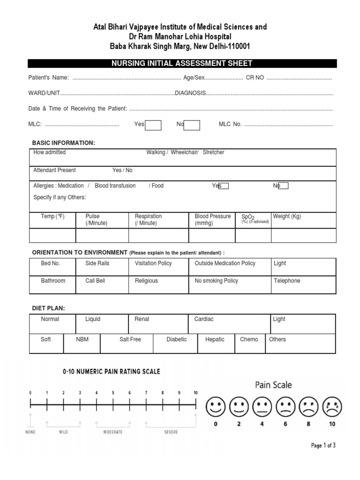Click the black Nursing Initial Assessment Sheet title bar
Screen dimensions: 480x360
click(x=182, y=63)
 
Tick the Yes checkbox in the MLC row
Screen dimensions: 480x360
click(x=153, y=125)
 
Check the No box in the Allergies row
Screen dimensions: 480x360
click(x=283, y=186)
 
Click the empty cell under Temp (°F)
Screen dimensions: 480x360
click(x=52, y=235)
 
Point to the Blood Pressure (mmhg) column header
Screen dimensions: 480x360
click(x=212, y=219)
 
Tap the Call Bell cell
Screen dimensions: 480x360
click(x=102, y=285)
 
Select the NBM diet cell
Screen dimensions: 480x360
click(x=82, y=343)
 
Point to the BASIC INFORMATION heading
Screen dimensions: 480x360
click(x=63, y=142)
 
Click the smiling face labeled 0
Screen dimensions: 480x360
click(x=215, y=406)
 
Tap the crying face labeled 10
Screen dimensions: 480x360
click(x=332, y=406)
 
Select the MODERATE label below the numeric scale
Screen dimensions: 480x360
click(x=113, y=432)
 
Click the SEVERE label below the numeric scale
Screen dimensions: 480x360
click(x=171, y=432)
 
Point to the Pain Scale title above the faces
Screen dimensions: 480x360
click(x=273, y=385)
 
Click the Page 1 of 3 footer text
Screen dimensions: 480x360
click(x=323, y=446)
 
